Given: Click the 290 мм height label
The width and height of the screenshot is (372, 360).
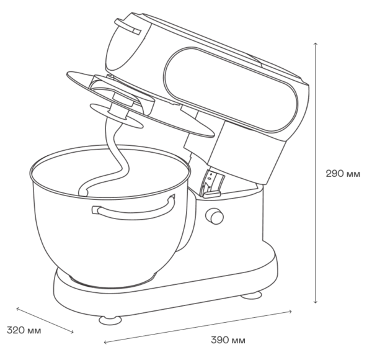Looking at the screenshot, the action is pos(343,174).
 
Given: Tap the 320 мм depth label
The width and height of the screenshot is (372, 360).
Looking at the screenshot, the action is pos(24,330).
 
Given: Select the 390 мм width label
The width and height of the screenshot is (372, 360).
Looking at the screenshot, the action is pos(228,340).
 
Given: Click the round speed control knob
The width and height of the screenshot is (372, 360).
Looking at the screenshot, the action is pos(215,216).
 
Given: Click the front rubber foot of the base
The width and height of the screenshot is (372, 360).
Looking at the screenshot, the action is pos(110,320).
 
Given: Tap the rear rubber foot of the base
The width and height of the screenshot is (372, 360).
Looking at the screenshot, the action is pos(251,295).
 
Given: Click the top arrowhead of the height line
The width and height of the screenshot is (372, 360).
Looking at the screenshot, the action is pos(315,43).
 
